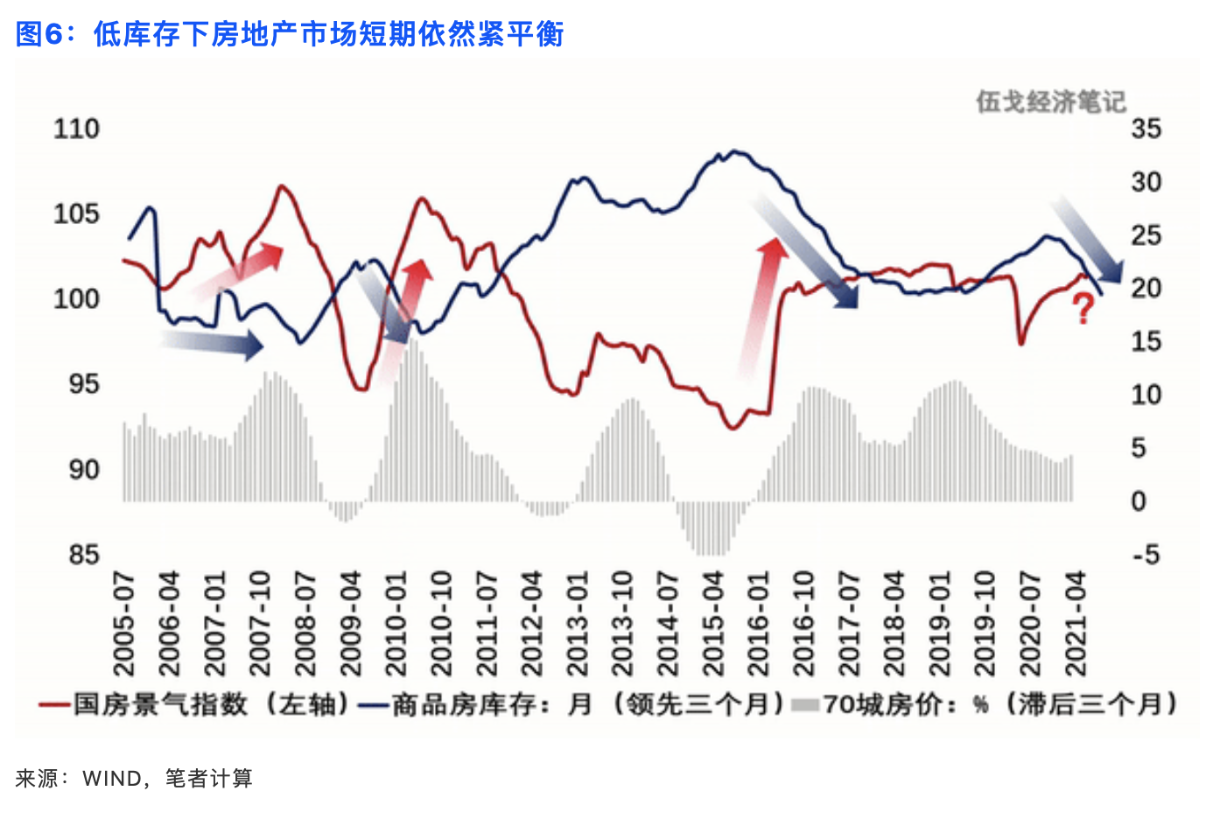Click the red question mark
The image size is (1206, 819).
[1083, 309]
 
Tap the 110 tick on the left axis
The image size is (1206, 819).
[77, 129]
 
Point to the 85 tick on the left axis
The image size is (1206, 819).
[84, 555]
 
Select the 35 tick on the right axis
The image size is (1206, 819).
[1146, 129]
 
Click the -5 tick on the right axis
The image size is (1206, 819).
[1144, 555]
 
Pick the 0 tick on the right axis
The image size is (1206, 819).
[1138, 501]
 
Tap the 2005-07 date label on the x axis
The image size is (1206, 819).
[124, 624]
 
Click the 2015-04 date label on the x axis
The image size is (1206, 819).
[714, 624]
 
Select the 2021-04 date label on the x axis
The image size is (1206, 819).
[1076, 624]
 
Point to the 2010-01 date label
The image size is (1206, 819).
[396, 624]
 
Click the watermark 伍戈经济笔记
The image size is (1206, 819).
[1051, 101]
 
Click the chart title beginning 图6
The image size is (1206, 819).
[289, 34]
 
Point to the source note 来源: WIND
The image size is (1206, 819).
[134, 778]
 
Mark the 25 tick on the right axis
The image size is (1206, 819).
[1146, 235]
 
